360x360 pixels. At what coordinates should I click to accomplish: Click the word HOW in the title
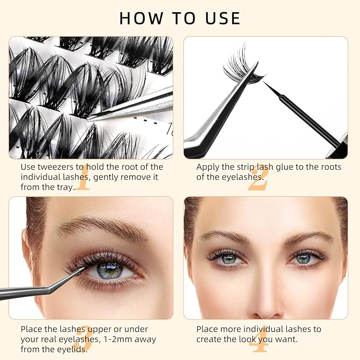click(141, 18)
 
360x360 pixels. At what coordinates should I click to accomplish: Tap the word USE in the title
click(223, 18)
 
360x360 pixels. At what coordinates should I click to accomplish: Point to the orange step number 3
click(83, 339)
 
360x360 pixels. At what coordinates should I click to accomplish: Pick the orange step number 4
click(259, 339)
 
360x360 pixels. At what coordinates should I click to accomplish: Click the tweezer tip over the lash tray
click(89, 119)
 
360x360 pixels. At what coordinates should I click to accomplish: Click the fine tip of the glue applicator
click(264, 82)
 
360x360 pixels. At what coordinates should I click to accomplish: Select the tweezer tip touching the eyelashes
click(84, 268)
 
